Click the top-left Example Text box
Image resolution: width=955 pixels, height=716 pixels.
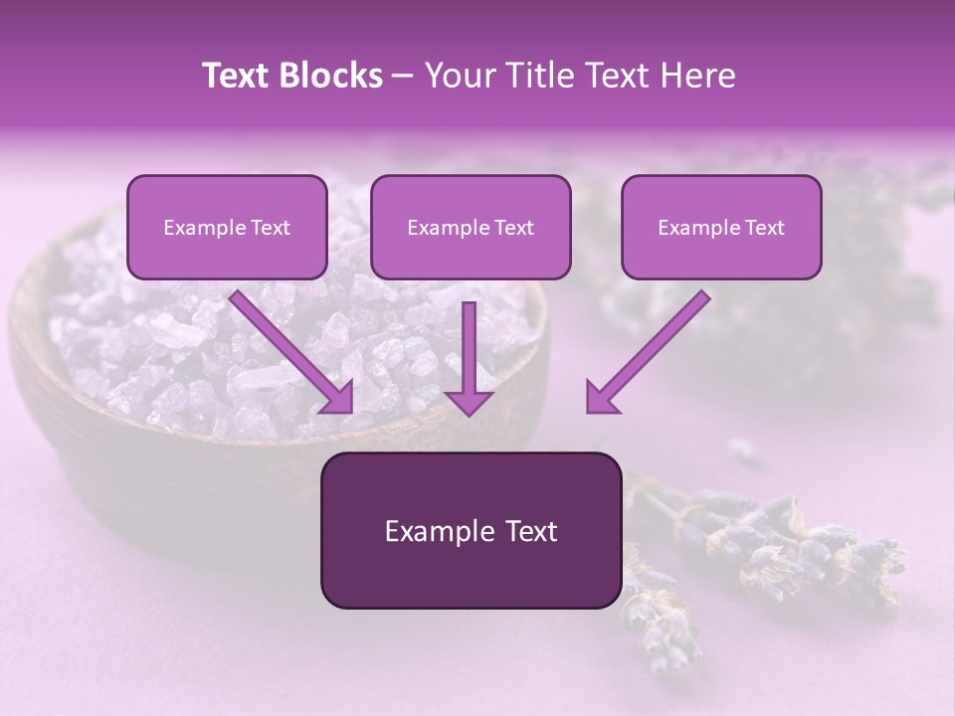(227, 227)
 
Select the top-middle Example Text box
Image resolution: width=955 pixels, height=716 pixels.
(471, 227)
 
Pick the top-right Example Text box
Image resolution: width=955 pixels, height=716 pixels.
(721, 227)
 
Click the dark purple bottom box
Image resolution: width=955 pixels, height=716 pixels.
(471, 530)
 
